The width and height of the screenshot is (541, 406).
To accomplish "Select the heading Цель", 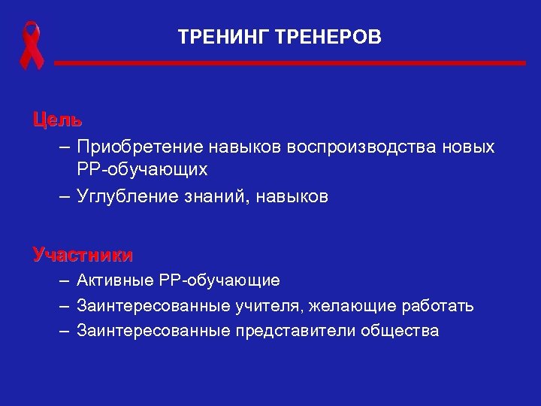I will [57, 120].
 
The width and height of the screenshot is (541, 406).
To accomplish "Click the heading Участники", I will [83, 255].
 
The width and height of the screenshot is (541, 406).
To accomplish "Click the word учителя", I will [283, 306].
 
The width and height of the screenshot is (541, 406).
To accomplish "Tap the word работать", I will [441, 306].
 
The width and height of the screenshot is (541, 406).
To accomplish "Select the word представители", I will [295, 331].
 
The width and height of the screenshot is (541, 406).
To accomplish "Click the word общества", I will [400, 331].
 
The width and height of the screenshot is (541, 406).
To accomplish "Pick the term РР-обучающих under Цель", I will [141, 171].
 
